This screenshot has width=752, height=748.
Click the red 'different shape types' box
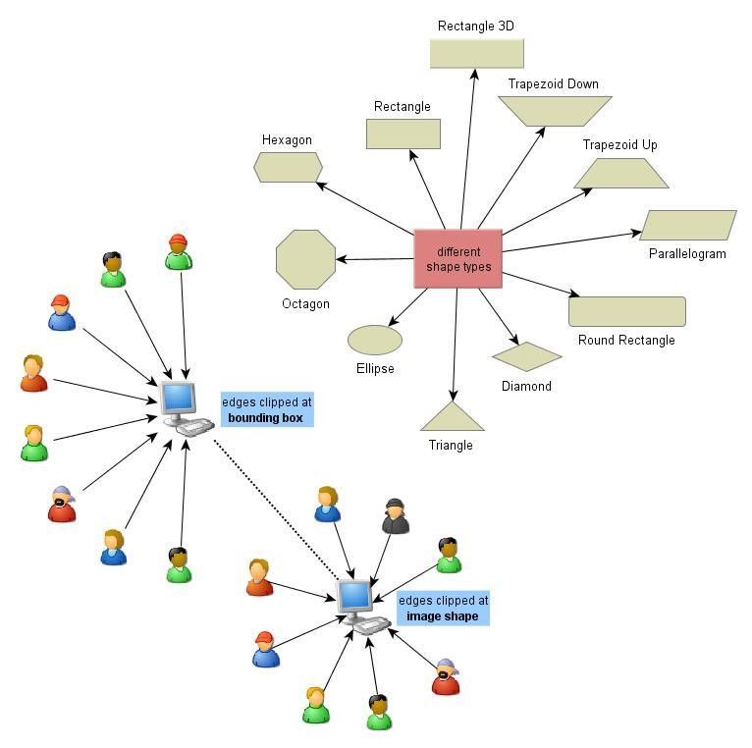(x=457, y=258)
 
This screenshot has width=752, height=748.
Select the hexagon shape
(x=288, y=167)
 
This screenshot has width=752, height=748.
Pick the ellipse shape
(x=374, y=340)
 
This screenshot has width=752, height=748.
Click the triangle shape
(x=453, y=418)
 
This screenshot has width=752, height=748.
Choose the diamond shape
(x=526, y=356)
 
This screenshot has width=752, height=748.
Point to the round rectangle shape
(x=626, y=311)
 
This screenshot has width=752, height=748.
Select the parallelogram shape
(x=687, y=225)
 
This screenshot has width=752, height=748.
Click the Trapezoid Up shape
(x=620, y=174)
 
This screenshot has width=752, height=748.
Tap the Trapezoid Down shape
(x=554, y=111)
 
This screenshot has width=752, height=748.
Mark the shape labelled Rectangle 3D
(x=476, y=53)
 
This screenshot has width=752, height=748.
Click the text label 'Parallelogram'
(x=687, y=253)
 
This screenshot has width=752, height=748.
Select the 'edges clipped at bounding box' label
(x=267, y=410)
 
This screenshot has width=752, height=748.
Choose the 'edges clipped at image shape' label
(x=443, y=608)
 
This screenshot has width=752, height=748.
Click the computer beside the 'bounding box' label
(x=184, y=406)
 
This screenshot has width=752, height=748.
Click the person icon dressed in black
(x=395, y=516)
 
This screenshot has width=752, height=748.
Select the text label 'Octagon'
(x=305, y=303)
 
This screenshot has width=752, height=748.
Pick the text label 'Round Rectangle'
(x=626, y=340)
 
